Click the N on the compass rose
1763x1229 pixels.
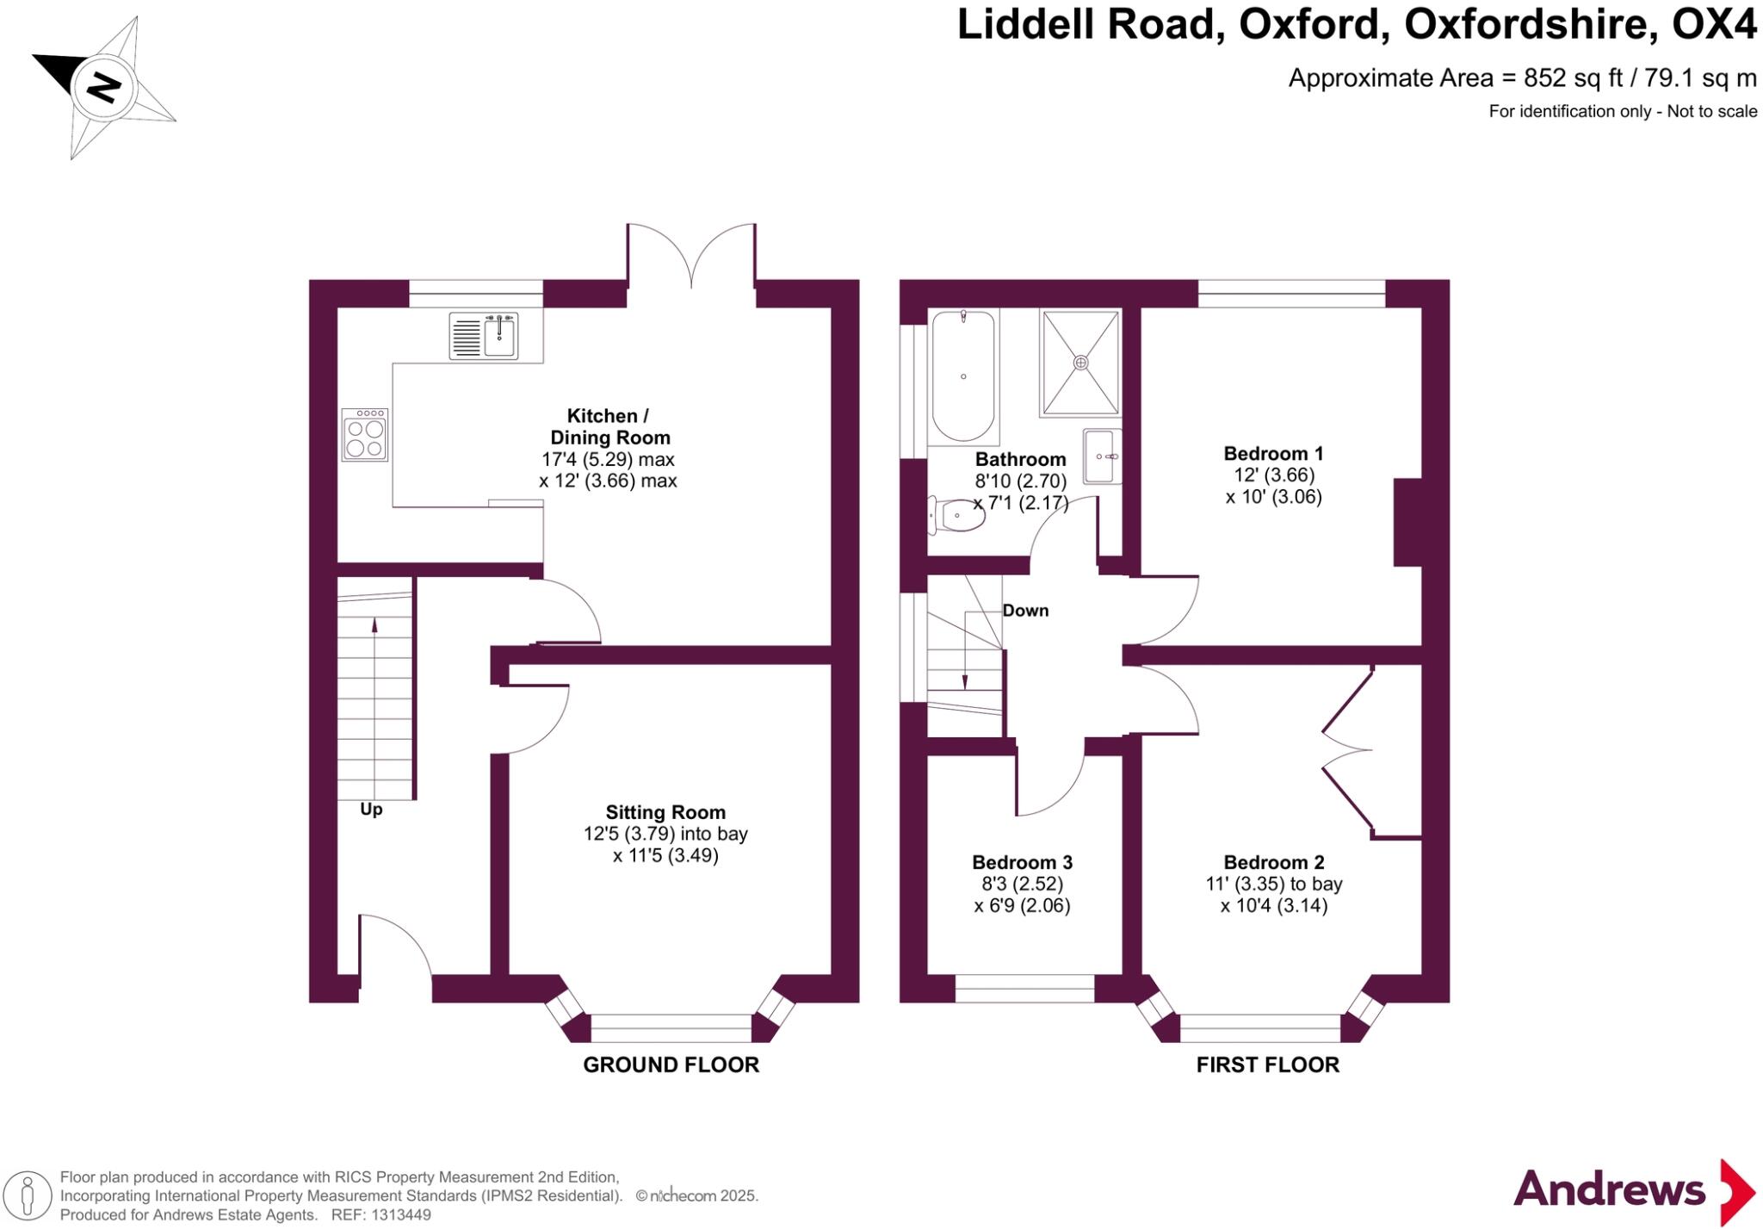point(103,87)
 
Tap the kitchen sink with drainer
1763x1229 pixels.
point(484,336)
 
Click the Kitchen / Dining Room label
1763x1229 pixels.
point(609,426)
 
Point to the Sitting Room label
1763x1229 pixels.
point(665,812)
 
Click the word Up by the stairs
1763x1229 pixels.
point(371,810)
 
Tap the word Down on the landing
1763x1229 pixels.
point(1025,611)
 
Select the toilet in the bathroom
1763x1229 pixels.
point(956,517)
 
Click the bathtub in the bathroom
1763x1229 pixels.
point(963,376)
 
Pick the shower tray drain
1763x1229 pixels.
point(1080,363)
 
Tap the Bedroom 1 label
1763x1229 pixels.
point(1273,453)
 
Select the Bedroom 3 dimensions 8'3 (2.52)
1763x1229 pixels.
point(1023,884)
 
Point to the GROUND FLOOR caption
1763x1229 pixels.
point(671,1065)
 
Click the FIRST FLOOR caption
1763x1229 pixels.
point(1267,1065)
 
